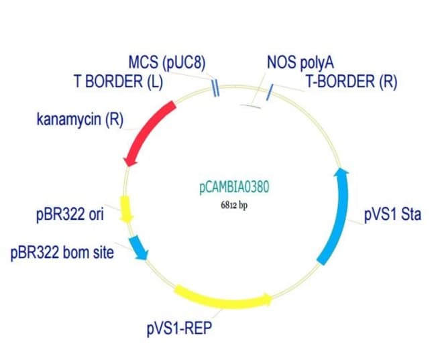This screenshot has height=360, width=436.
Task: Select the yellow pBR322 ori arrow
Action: tap(125, 209)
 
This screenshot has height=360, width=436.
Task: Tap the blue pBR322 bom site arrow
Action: tap(138, 248)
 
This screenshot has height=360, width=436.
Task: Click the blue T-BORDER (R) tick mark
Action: tap(270, 93)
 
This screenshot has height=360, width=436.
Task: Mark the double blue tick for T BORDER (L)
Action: tap(216, 88)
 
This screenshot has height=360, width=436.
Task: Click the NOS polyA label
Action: tap(300, 62)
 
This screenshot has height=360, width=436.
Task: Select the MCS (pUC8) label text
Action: tap(167, 62)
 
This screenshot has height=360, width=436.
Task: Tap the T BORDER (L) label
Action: tap(119, 81)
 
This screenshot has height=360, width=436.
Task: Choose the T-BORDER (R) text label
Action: tap(351, 81)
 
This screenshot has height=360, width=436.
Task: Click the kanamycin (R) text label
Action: tap(80, 119)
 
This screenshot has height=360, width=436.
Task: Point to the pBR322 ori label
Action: tap(70, 215)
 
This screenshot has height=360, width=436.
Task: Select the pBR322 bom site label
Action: tap(62, 253)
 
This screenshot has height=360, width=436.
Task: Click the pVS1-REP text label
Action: tap(179, 328)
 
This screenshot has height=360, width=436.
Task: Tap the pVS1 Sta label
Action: tap(392, 215)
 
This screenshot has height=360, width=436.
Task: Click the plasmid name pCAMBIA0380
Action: tap(234, 187)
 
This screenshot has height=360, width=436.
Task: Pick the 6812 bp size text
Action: tap(234, 205)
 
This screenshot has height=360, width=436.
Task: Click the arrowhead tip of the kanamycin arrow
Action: tap(128, 167)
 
